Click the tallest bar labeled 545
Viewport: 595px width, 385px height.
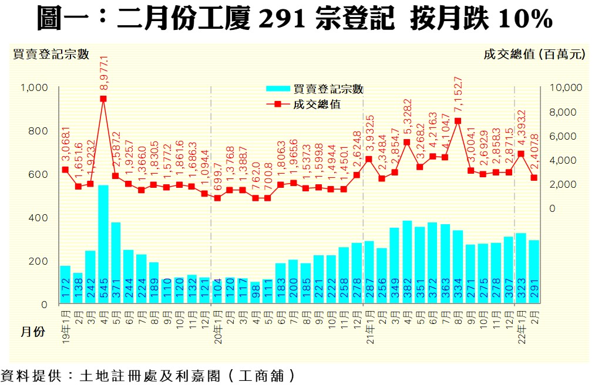click(103, 244)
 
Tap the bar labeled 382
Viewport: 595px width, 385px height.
click(407, 262)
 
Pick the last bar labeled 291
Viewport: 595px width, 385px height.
click(534, 272)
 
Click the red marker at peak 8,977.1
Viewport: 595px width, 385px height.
click(103, 99)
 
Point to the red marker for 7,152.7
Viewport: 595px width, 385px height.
click(458, 121)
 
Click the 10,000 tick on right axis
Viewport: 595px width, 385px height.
click(564, 87)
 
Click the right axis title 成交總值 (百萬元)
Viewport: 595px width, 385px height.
click(535, 55)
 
